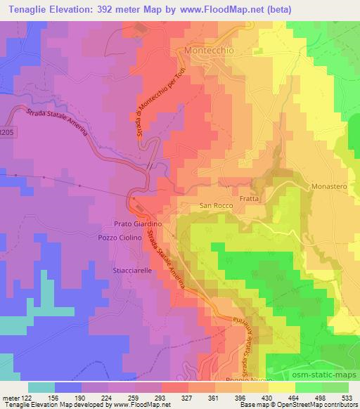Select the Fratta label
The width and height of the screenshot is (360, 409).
coord(250,199)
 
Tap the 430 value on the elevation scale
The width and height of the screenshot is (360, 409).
coord(268,398)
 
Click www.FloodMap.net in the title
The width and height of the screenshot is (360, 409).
coord(219,9)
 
